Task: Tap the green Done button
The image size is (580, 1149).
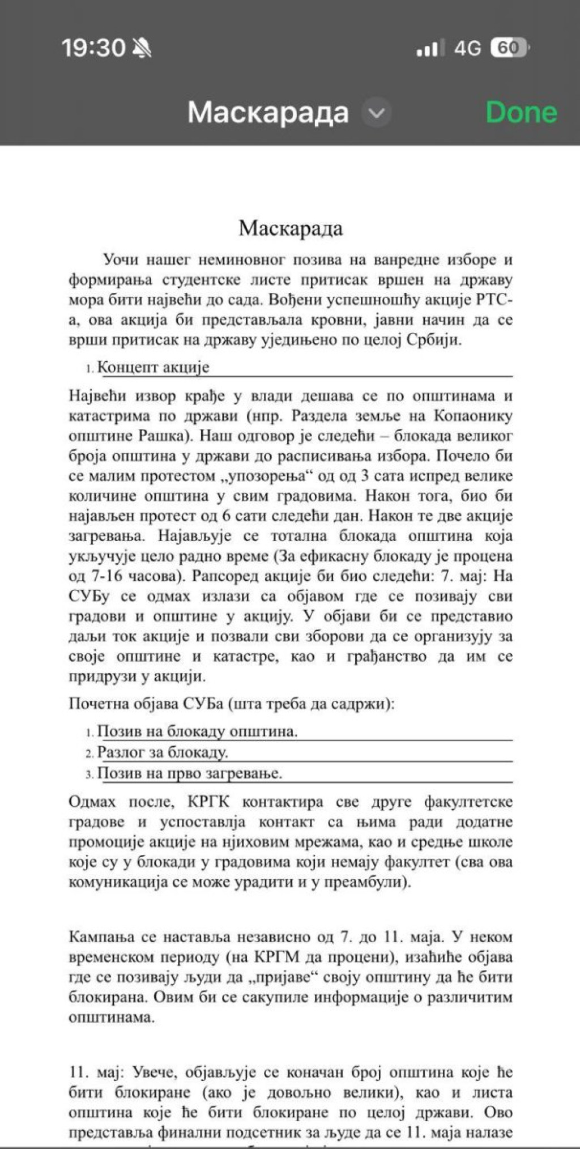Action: (x=521, y=112)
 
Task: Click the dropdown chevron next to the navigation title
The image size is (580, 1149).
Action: (x=376, y=113)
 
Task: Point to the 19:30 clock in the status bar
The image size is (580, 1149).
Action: (x=93, y=48)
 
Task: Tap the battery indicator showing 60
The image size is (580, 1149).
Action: (x=510, y=48)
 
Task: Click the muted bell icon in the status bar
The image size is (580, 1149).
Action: (x=142, y=49)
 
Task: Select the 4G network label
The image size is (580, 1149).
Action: (x=467, y=49)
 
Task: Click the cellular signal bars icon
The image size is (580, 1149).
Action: (x=428, y=49)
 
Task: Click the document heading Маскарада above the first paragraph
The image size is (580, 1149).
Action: (x=291, y=228)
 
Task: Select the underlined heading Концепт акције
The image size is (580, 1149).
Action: (x=153, y=367)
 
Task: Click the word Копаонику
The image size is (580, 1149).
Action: (x=473, y=416)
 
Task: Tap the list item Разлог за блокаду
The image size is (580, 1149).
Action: (x=163, y=752)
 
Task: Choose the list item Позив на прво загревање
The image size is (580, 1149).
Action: (x=190, y=773)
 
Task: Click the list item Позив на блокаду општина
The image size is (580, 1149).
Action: (x=197, y=731)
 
